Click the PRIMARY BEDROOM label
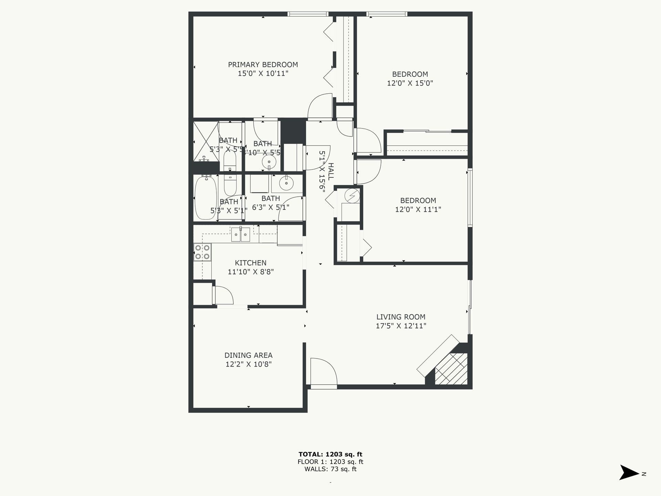point(263,65)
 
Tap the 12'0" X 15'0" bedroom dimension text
point(410,83)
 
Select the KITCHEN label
point(250,263)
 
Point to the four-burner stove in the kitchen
point(202,252)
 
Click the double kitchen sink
point(240,235)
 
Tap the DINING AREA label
point(248,355)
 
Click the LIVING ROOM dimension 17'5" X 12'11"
point(401,326)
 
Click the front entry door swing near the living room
point(323,372)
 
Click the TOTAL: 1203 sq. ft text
point(330,454)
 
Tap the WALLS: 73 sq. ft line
point(330,469)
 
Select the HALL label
point(330,172)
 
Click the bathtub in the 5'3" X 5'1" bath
point(205,198)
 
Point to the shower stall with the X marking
point(206,141)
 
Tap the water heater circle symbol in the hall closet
point(352,196)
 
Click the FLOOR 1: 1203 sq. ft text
point(330,462)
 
